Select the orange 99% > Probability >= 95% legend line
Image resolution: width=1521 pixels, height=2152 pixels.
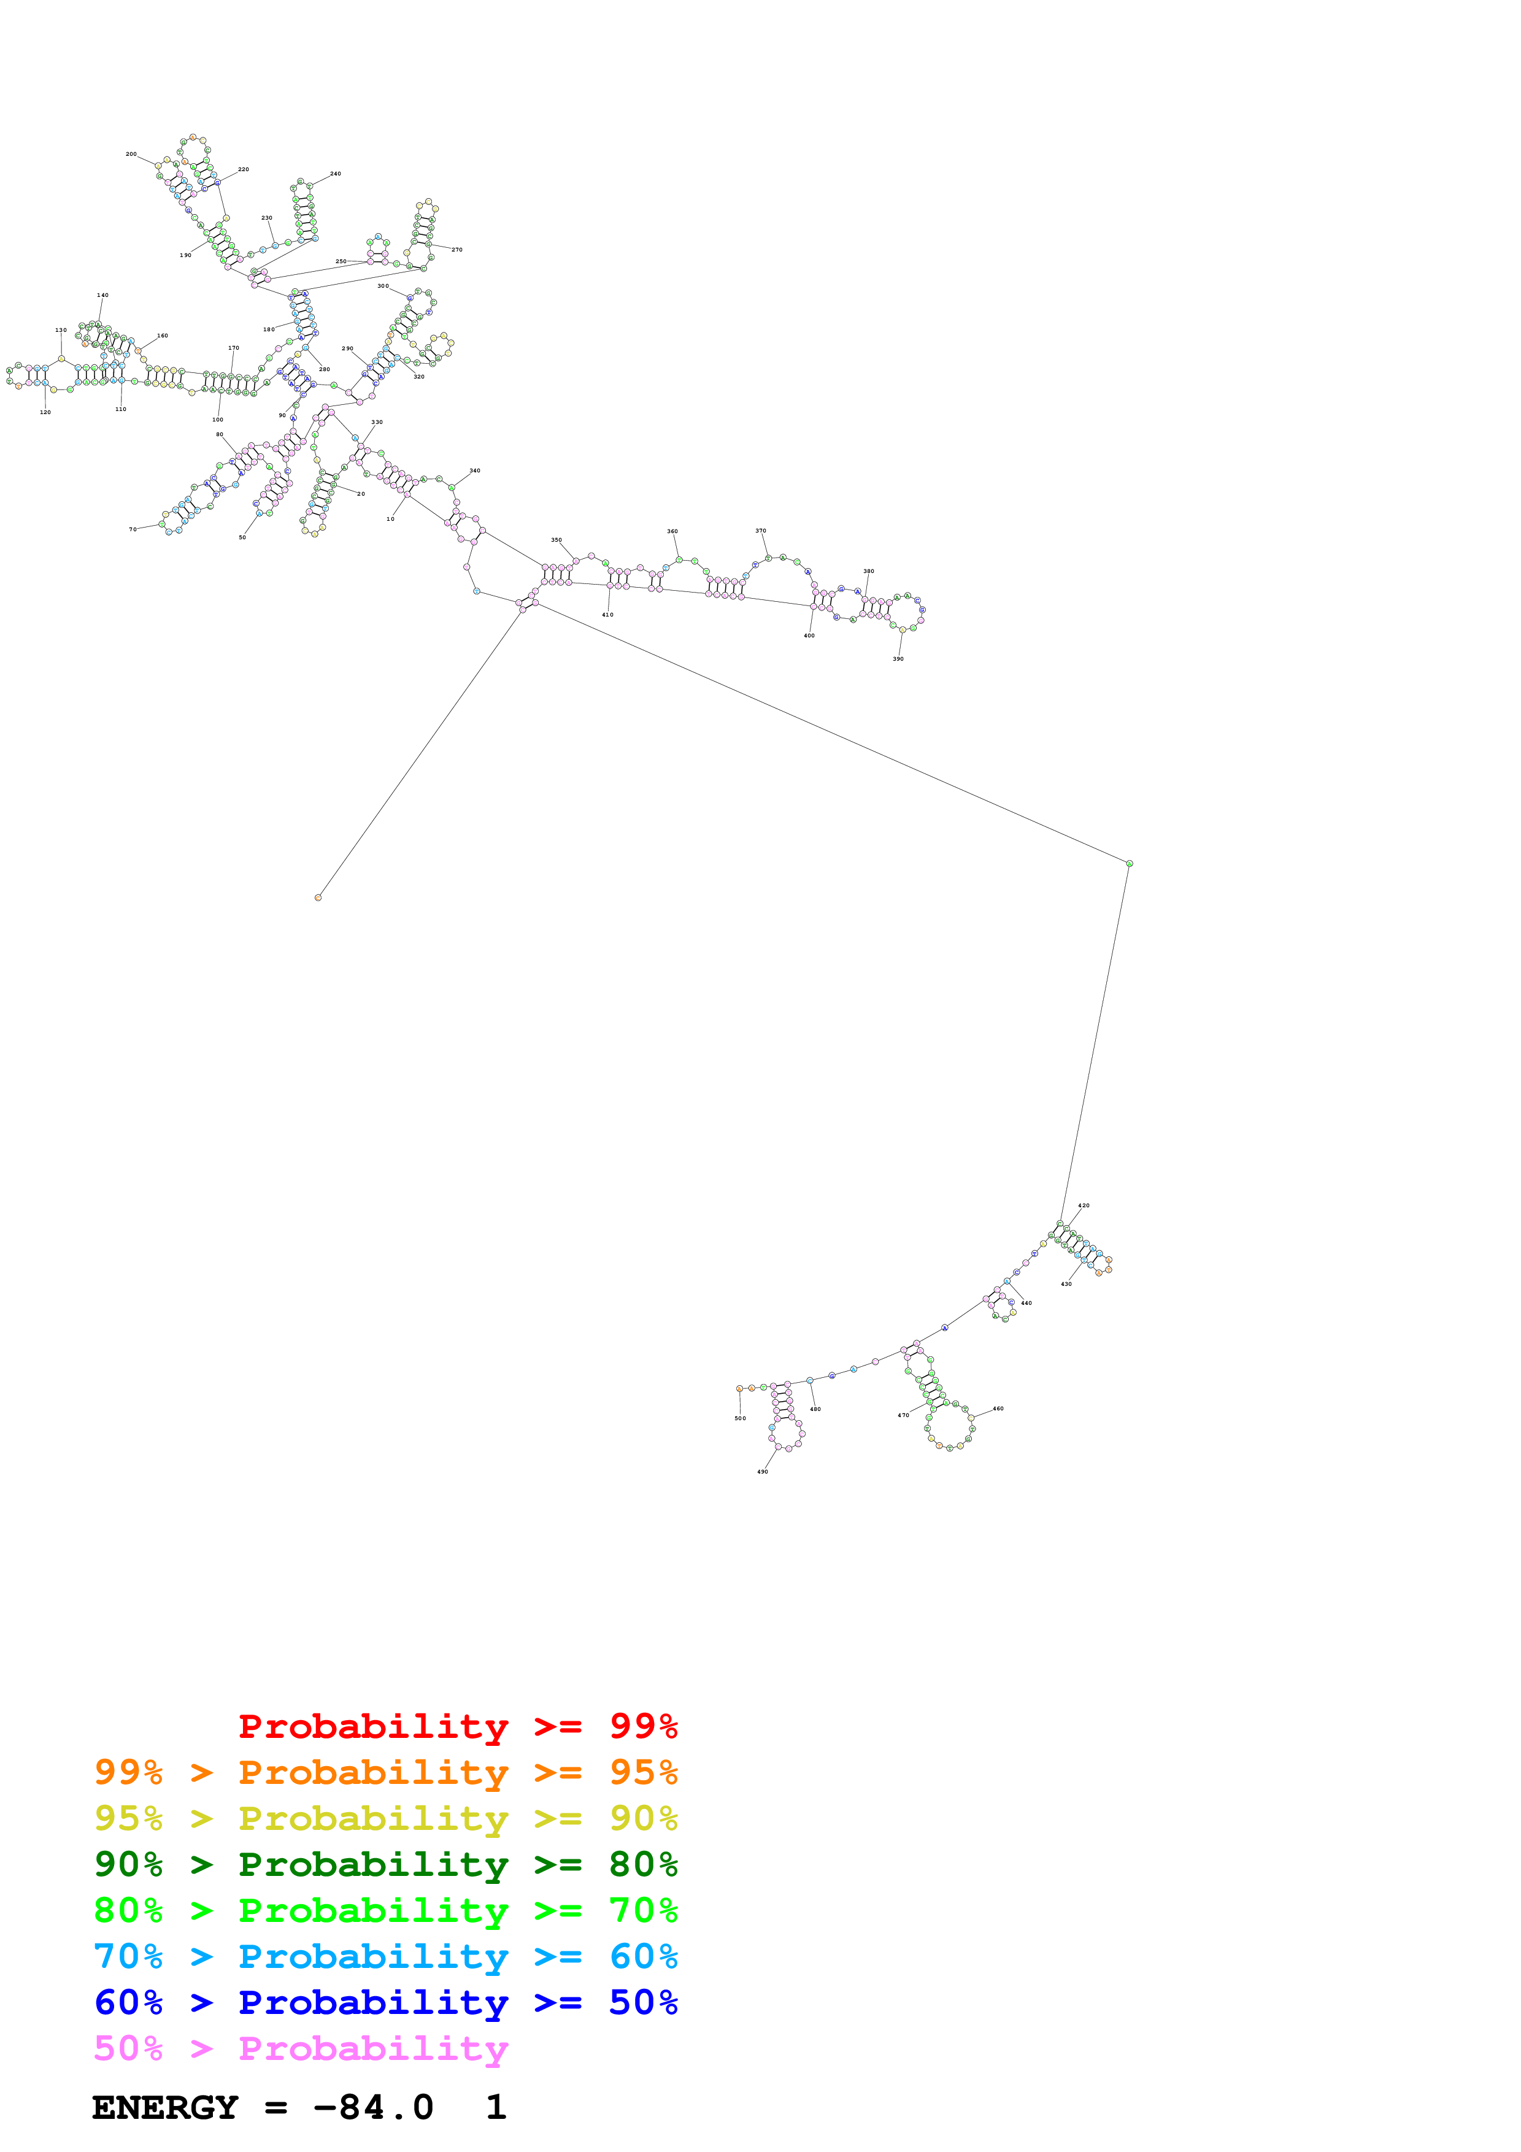tap(385, 1772)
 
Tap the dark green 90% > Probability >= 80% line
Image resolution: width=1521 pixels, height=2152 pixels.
tap(385, 1864)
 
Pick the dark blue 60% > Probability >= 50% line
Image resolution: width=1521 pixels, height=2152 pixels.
tap(385, 2002)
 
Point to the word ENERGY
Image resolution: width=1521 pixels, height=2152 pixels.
tap(165, 2107)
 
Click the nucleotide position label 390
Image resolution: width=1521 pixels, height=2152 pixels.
tap(898, 659)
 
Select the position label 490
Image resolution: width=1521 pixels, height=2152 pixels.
tap(763, 1472)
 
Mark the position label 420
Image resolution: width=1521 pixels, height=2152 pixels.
tap(1084, 1205)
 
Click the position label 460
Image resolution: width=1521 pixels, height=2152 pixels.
tap(998, 1408)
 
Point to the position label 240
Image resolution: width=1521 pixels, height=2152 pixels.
tap(336, 174)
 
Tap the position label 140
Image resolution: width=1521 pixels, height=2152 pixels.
tap(103, 295)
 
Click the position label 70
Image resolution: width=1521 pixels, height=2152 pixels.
tap(133, 529)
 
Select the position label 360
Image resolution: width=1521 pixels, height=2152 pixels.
tap(672, 531)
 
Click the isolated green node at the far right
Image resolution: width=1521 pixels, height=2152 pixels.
tap(1130, 863)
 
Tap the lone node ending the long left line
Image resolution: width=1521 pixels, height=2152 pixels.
tap(318, 898)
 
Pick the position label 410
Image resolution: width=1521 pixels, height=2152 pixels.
tap(607, 615)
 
